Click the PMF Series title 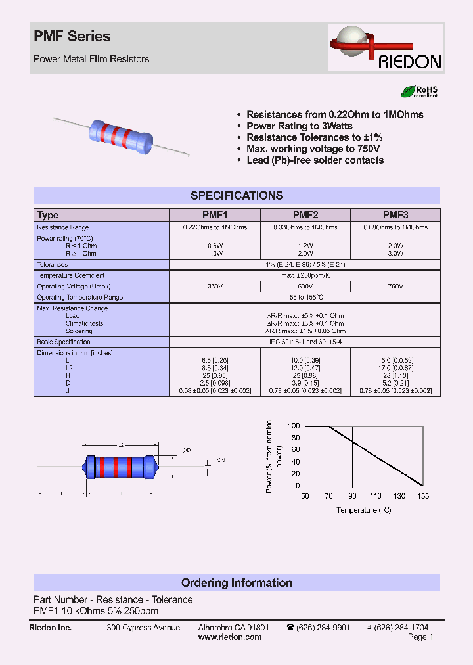pos(72,37)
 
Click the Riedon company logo pos(386,48)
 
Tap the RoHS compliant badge pos(419,92)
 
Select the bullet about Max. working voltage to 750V pos(313,149)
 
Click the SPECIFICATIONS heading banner pos(236,195)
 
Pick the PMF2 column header pos(305,215)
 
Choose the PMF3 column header pos(395,215)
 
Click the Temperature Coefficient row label pos(70,275)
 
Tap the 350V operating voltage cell pos(215,287)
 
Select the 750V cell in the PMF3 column pos(395,287)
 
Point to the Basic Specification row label pos(64,342)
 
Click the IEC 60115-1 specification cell pos(305,342)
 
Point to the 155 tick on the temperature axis pos(423,496)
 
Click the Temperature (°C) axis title pos(364,510)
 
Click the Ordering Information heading pos(236,583)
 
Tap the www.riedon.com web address pos(230,637)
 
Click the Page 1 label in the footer pos(420,637)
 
